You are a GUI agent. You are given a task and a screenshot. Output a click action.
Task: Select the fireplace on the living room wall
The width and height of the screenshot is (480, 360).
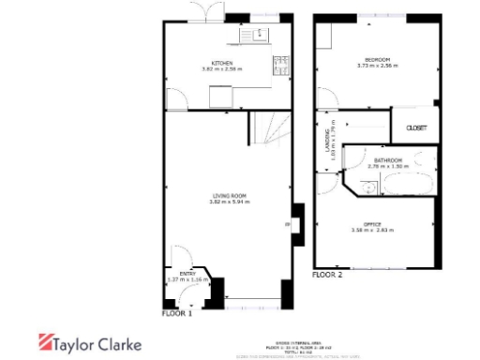click(x=295, y=226)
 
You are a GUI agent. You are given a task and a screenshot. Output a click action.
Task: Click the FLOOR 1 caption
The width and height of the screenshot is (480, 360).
click(x=177, y=314)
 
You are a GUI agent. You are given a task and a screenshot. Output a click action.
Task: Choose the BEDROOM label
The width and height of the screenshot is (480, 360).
click(x=378, y=58)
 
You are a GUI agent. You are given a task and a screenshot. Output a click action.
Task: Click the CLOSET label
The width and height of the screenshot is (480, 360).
click(x=415, y=127)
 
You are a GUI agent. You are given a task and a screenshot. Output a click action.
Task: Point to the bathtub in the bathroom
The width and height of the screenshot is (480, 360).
click(x=403, y=182)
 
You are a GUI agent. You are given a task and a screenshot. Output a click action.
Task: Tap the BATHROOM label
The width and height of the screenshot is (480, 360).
click(x=387, y=160)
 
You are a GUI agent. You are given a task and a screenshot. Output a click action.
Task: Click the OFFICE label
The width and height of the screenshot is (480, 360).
click(x=373, y=223)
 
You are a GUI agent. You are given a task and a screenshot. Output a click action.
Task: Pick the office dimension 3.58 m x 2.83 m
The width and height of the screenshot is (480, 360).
click(x=373, y=231)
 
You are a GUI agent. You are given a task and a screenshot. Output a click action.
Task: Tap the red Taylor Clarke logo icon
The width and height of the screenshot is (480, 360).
click(x=44, y=343)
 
